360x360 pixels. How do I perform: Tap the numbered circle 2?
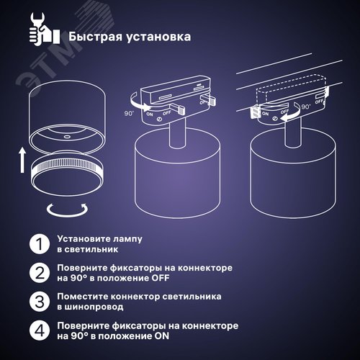click(36, 273)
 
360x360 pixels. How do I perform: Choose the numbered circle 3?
click(36, 302)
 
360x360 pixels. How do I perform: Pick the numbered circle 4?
click(36, 331)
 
